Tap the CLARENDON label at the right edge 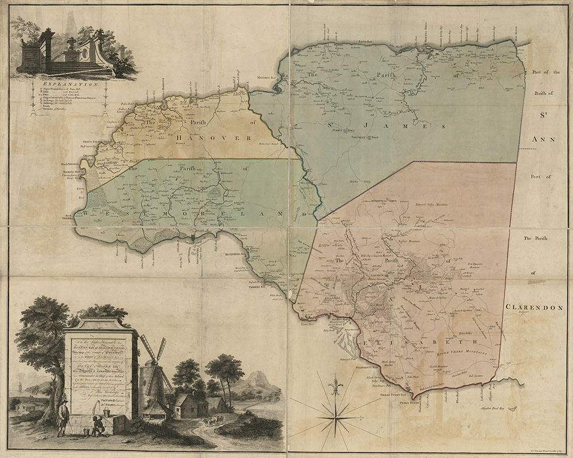tap(534, 307)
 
